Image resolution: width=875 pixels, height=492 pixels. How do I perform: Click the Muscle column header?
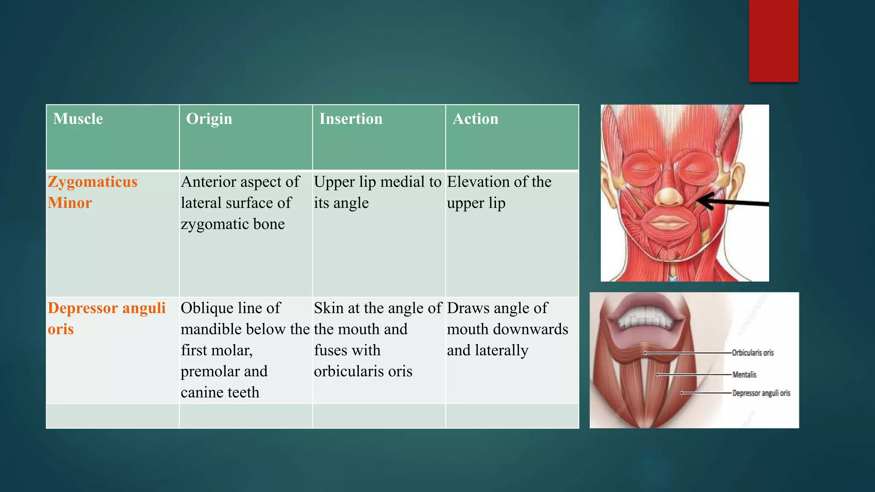[78, 119]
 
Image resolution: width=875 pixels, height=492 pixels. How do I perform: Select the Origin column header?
[209, 119]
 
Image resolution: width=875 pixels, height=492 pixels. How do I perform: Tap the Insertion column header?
[351, 119]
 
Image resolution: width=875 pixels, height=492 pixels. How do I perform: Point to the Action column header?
[475, 119]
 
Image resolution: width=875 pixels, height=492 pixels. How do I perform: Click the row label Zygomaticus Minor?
[92, 192]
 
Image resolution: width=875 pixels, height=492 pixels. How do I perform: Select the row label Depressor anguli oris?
[106, 318]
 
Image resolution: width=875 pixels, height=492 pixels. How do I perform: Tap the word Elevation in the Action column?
[475, 182]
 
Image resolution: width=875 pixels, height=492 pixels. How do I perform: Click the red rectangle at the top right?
[773, 41]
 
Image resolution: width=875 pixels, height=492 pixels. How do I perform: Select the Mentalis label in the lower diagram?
[744, 375]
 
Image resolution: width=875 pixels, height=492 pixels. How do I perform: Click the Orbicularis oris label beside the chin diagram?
[752, 353]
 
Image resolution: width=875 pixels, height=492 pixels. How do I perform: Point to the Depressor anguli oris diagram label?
[761, 393]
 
